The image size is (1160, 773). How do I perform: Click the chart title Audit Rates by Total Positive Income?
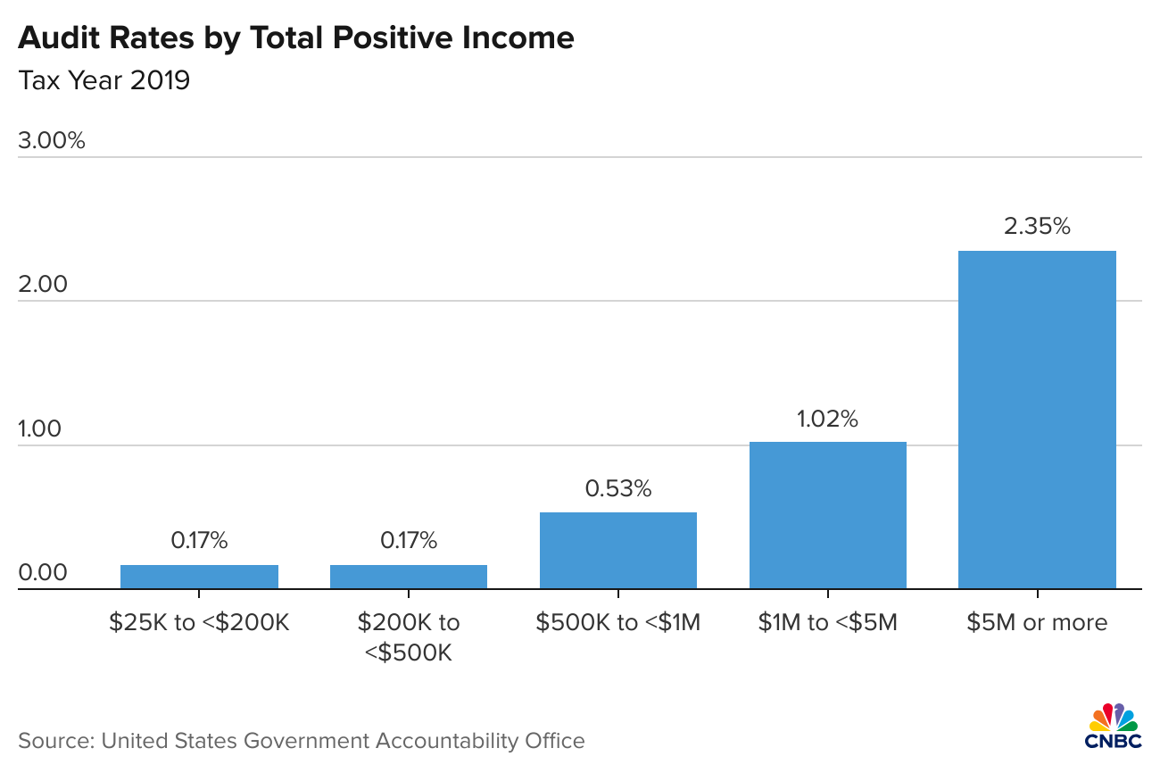[x=295, y=37]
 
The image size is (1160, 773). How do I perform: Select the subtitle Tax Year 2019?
[x=104, y=81]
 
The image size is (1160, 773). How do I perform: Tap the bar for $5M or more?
[x=1037, y=420]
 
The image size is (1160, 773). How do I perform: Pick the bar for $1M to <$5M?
[x=827, y=515]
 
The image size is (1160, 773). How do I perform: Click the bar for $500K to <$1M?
[x=618, y=550]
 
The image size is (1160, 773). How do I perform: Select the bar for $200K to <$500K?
[x=409, y=577]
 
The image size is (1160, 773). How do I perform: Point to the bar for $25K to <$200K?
[x=199, y=577]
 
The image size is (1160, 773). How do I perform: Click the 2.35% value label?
[x=1037, y=227]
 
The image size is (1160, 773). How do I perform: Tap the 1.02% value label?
[x=827, y=419]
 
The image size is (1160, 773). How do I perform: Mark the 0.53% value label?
[x=618, y=488]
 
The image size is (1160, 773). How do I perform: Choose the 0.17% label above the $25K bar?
[x=199, y=540]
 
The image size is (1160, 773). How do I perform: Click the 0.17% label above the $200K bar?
[x=409, y=540]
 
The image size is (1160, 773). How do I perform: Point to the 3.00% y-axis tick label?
[x=52, y=140]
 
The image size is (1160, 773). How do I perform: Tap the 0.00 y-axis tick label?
[x=43, y=572]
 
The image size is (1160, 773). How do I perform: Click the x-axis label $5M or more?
[x=1037, y=622]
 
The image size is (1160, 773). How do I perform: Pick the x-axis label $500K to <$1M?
[x=618, y=622]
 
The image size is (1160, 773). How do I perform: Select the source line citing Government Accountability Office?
[x=302, y=741]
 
